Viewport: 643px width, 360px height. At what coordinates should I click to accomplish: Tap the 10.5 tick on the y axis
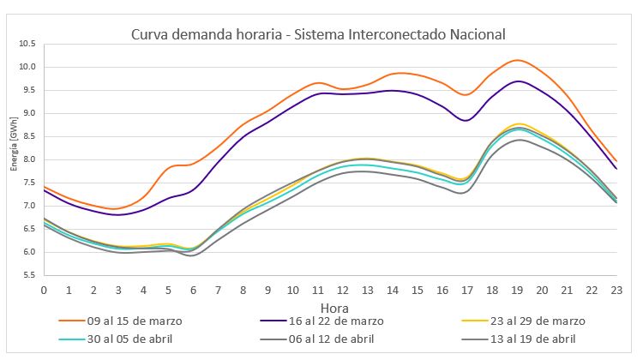(27, 44)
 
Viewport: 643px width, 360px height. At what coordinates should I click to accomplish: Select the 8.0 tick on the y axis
(29, 159)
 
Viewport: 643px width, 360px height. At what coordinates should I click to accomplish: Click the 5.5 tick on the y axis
(29, 275)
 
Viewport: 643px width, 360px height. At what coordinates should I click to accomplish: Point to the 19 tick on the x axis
(517, 290)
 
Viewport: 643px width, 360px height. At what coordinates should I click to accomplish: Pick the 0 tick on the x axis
(44, 290)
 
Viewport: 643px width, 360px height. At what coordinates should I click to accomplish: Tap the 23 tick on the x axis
(616, 290)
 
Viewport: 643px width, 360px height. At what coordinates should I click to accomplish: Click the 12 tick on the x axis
(343, 290)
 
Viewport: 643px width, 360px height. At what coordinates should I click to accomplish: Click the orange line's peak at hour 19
(517, 60)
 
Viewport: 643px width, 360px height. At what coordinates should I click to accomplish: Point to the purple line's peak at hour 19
(518, 81)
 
